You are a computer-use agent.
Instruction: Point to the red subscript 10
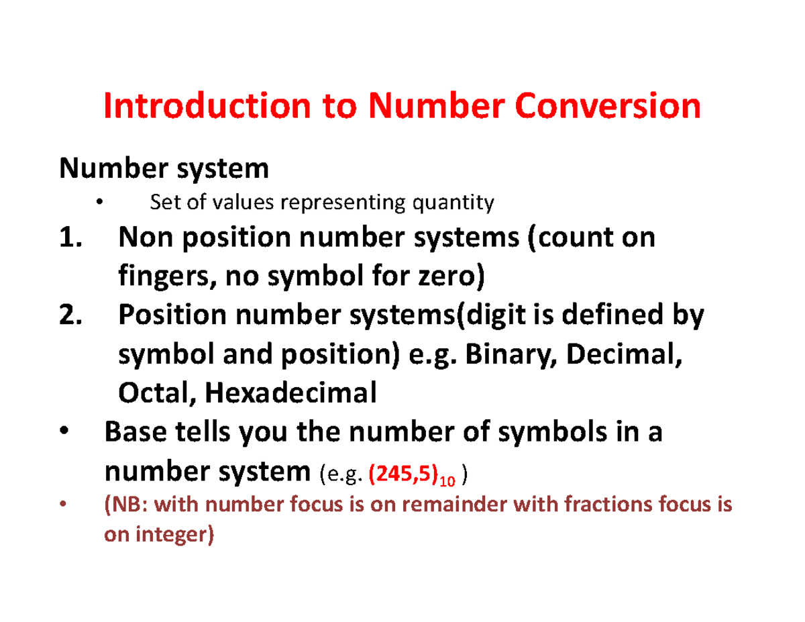(x=448, y=480)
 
